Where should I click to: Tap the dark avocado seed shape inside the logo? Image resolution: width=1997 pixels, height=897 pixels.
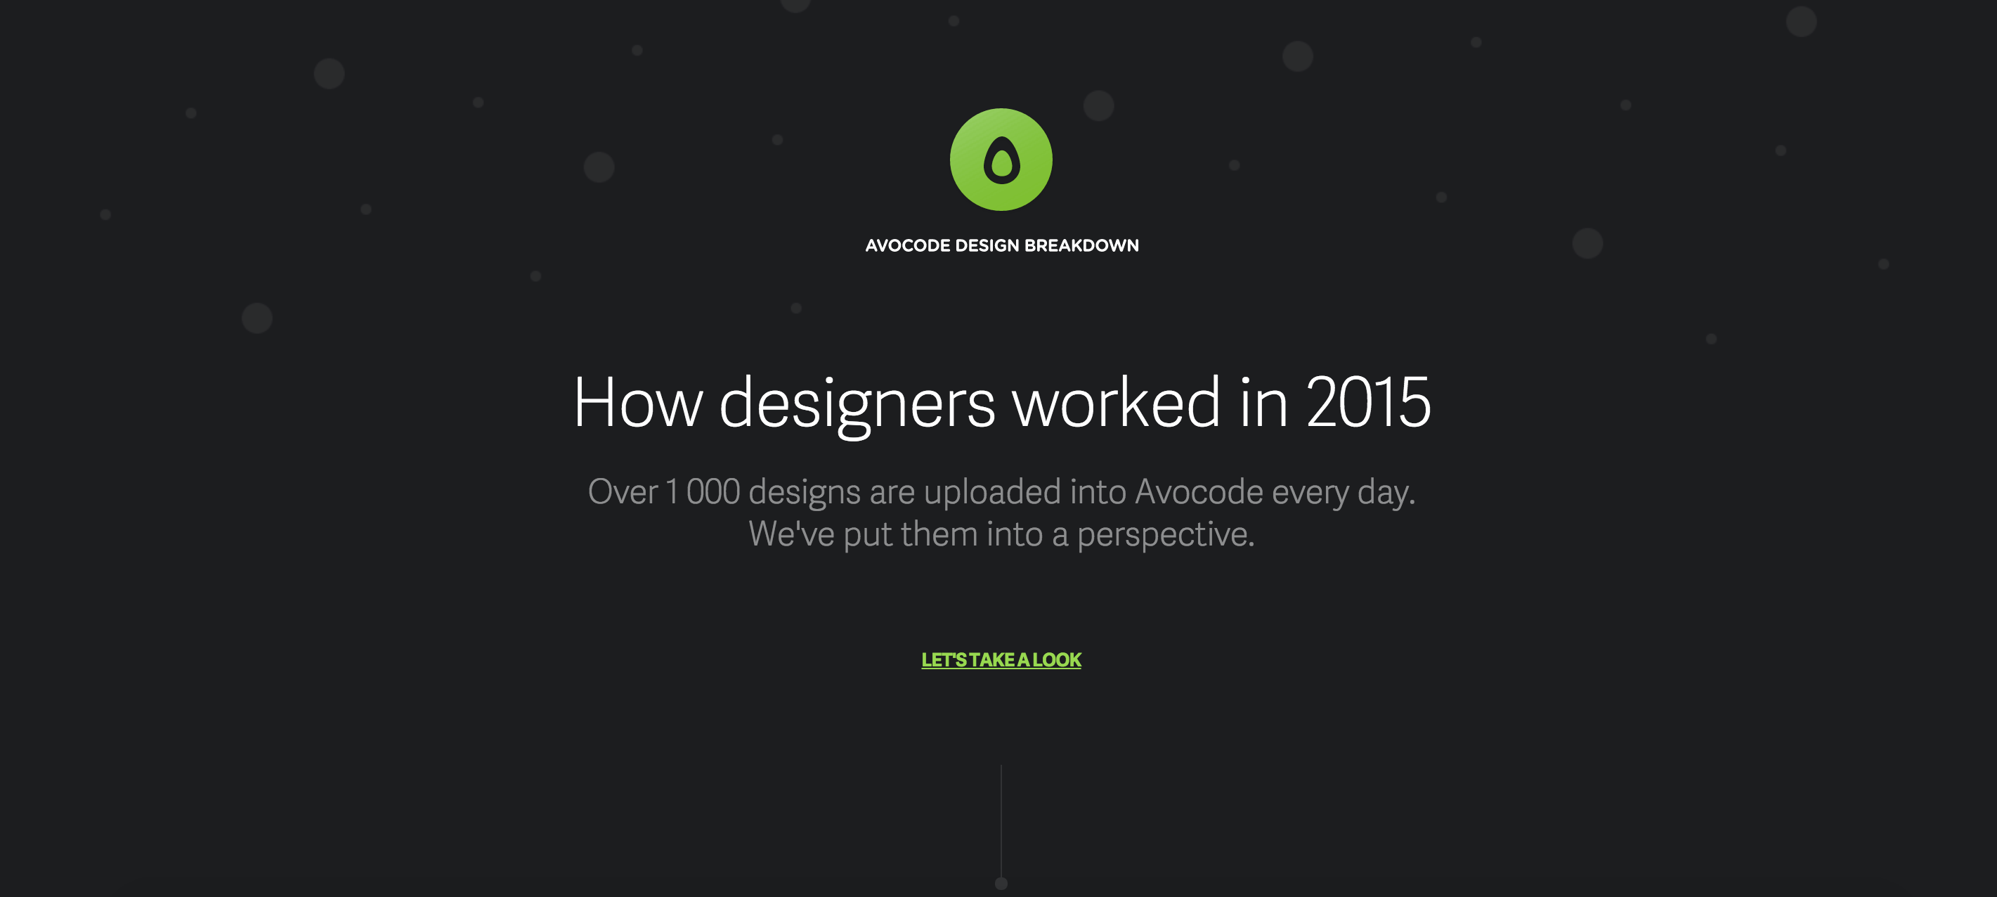[1001, 162]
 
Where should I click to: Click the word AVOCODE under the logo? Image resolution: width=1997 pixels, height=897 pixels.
[907, 246]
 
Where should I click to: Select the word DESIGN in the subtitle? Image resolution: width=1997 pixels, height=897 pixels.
[987, 246]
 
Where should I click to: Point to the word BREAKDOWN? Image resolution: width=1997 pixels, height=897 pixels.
[1081, 246]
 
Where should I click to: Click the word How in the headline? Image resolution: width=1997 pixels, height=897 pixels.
[637, 402]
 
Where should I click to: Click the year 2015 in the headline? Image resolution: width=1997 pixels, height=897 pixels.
[1368, 402]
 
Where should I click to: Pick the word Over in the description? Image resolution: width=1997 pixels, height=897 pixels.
[623, 492]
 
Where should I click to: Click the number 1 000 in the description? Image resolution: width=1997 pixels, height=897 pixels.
[703, 492]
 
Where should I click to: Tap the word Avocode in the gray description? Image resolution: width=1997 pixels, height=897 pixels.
[1199, 492]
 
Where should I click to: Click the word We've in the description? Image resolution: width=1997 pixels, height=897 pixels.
[791, 534]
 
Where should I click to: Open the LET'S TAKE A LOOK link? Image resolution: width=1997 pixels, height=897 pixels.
[1001, 660]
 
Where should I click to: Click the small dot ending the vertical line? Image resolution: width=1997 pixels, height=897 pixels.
[1001, 884]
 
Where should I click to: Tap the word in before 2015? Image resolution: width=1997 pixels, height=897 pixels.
[1263, 402]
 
